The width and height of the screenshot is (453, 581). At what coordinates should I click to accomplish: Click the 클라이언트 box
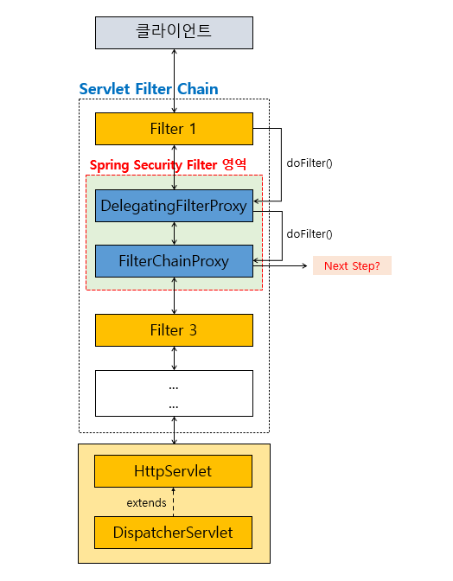click(x=174, y=33)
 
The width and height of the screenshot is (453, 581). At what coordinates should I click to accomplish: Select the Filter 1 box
click(x=174, y=129)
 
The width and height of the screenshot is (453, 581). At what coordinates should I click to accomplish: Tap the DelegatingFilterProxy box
click(x=174, y=206)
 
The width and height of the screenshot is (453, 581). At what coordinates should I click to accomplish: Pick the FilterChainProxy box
click(x=174, y=261)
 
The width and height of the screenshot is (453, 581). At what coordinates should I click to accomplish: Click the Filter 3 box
click(x=174, y=330)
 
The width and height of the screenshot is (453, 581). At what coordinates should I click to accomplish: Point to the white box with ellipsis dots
click(x=174, y=393)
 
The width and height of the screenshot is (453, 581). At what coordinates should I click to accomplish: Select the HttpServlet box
click(x=174, y=471)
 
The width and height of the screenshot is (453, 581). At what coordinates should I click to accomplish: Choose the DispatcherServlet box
click(x=174, y=533)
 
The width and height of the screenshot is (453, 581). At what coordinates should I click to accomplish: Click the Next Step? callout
click(x=352, y=265)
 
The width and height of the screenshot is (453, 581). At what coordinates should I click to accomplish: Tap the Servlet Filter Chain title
click(x=149, y=89)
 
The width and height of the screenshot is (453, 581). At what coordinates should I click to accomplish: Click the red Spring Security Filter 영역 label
click(x=168, y=164)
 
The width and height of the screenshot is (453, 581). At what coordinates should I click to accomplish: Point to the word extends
click(x=146, y=503)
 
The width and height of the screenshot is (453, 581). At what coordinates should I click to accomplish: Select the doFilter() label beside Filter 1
click(x=309, y=163)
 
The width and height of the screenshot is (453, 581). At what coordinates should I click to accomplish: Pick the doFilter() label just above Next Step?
click(x=309, y=233)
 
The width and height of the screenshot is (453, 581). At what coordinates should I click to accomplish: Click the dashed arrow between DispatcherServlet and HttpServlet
click(x=174, y=502)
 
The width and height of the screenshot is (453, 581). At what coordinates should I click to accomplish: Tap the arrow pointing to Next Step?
click(x=280, y=265)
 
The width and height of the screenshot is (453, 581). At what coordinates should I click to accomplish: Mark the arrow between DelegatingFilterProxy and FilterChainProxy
click(x=174, y=233)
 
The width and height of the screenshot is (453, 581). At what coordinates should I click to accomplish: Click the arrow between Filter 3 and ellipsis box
click(x=174, y=358)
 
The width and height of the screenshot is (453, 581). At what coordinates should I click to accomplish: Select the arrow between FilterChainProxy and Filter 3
click(x=174, y=296)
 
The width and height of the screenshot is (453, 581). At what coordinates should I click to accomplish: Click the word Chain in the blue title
click(x=198, y=89)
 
